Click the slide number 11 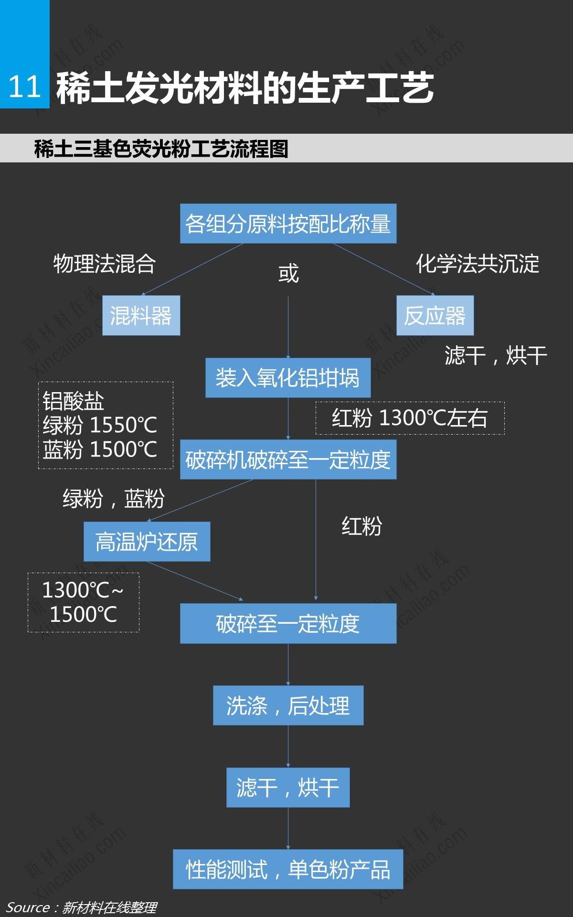coord(24,87)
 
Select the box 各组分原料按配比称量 coord(288,224)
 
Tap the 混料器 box coord(141,315)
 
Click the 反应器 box coord(435,315)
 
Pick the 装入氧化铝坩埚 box coord(287,377)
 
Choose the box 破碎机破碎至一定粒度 coord(288,459)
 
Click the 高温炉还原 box coord(147,541)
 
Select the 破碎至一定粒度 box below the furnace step coord(288,623)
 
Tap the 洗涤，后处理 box coord(288,705)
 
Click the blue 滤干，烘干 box coord(287,788)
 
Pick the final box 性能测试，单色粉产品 coord(288,869)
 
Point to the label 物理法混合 coord(105,264)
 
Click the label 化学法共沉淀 coord(477,264)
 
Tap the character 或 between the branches coord(288,274)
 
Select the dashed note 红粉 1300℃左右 coord(410,418)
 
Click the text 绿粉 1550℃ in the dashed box coord(100,425)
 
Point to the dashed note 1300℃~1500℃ coord(83,602)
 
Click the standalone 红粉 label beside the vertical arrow coord(361,526)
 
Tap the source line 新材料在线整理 coord(109,907)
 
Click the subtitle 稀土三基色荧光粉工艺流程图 coord(161,149)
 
